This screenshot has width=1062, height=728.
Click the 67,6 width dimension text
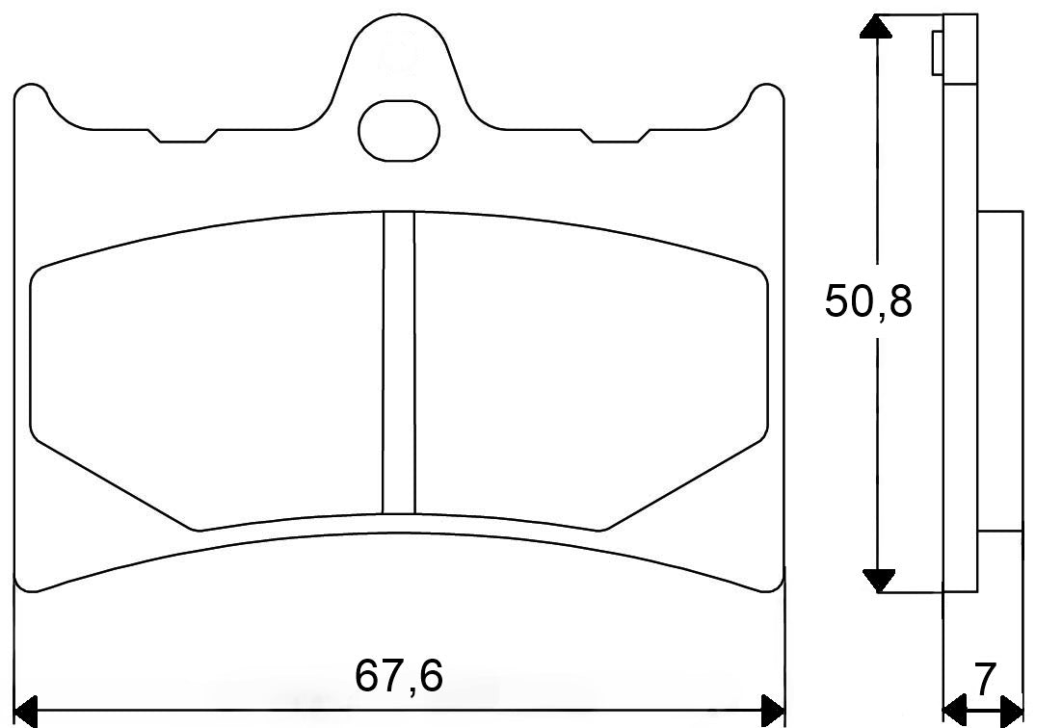399,676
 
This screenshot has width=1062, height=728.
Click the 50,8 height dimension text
868,301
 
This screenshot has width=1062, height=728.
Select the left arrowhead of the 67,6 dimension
27,711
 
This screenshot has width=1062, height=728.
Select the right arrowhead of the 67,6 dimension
774,711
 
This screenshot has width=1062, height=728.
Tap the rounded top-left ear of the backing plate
31,96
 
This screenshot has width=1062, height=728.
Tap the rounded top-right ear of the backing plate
768,96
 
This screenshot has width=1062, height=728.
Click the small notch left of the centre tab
182,136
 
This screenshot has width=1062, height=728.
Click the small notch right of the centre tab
614,136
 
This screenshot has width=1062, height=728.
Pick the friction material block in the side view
999,371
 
